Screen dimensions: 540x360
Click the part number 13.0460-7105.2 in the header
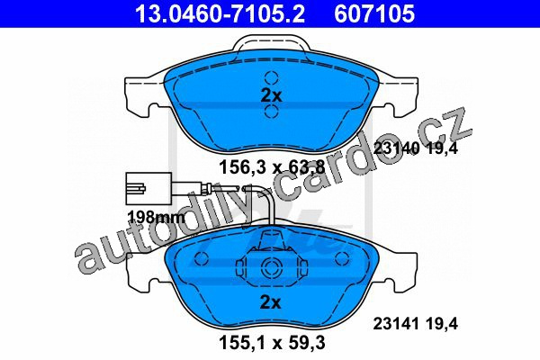point(220,13)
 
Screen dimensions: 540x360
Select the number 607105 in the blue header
point(374,13)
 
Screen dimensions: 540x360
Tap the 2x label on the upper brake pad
point(271,95)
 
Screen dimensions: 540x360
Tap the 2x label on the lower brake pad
point(270,302)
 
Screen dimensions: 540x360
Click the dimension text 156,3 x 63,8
point(272,167)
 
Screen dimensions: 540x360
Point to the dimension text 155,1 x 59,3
point(272,343)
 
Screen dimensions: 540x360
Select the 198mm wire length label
point(156,217)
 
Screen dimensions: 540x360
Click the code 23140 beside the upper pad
point(396,148)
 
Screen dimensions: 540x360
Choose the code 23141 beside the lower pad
point(396,324)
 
